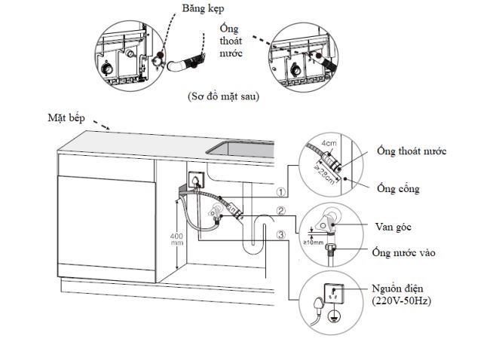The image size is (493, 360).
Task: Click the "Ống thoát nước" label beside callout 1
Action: tap(411, 151)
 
